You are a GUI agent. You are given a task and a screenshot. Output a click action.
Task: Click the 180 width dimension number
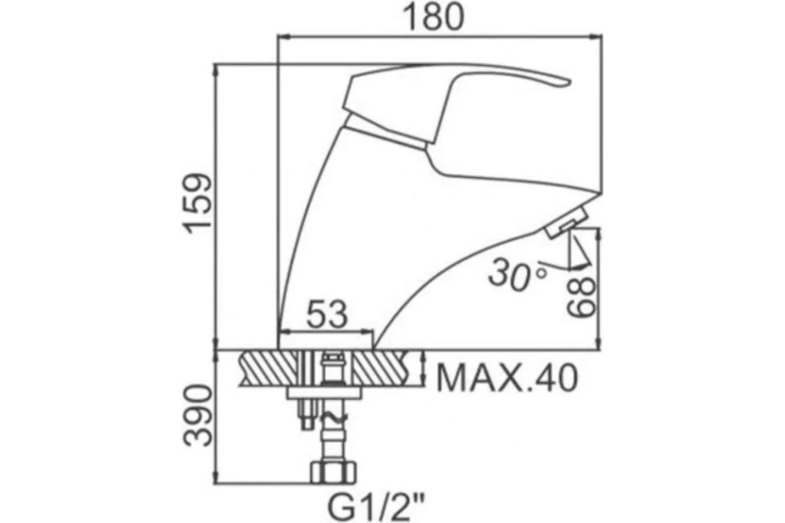[x=434, y=18]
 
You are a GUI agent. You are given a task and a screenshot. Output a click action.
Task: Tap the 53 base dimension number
[x=327, y=314]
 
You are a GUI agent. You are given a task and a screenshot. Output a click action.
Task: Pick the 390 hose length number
[x=198, y=416]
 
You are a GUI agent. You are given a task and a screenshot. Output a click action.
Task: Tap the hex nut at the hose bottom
[x=333, y=473]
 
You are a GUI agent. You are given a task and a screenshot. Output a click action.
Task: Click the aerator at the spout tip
[x=566, y=223]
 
